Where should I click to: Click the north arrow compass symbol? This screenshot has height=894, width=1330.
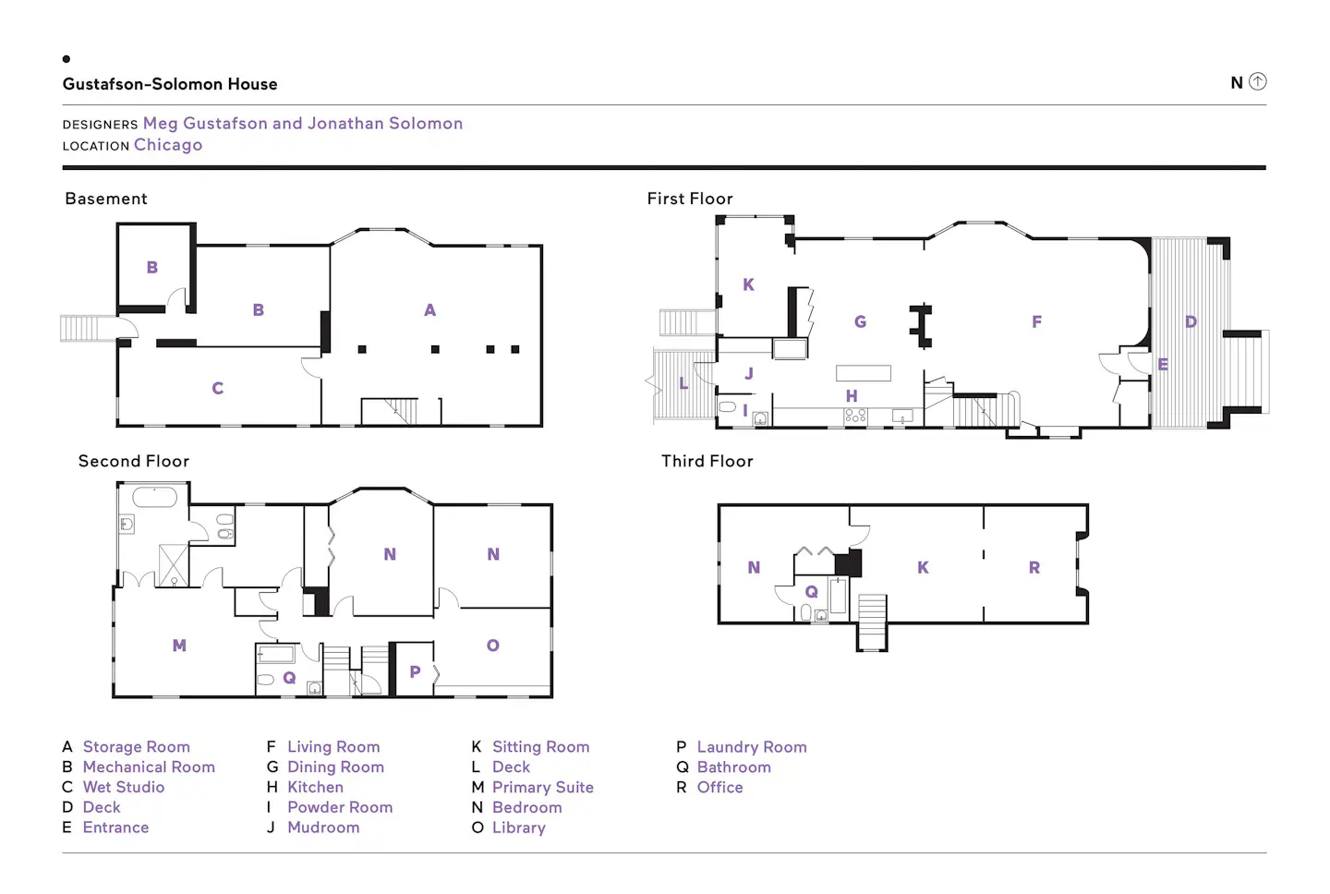point(1257,81)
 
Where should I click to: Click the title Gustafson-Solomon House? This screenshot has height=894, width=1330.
point(170,84)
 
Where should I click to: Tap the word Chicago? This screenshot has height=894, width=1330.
point(168,145)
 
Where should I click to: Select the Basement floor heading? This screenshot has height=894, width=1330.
point(106,199)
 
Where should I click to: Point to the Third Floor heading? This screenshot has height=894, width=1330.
point(707,461)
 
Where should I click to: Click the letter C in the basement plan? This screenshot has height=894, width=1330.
point(218,388)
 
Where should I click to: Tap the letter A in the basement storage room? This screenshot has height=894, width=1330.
point(429,310)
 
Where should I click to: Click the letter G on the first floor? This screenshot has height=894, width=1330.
point(861,321)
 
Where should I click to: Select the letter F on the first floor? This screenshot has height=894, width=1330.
point(1036,321)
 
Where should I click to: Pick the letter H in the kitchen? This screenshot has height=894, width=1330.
point(852,396)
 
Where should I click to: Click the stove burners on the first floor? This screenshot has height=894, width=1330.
point(855,416)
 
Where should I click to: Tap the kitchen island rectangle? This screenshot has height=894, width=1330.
point(864,373)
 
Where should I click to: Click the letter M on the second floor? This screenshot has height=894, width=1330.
point(179,646)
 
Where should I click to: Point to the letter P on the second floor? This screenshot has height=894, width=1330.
point(415,671)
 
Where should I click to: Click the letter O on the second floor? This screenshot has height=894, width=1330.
point(493,646)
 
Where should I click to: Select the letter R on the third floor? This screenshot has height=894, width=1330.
point(1034,567)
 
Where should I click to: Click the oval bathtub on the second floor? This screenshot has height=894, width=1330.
point(155,497)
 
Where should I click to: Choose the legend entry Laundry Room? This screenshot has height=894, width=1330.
point(752,747)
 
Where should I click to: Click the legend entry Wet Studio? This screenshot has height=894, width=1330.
point(124,787)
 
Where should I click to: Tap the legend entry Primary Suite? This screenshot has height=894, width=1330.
point(543,787)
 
